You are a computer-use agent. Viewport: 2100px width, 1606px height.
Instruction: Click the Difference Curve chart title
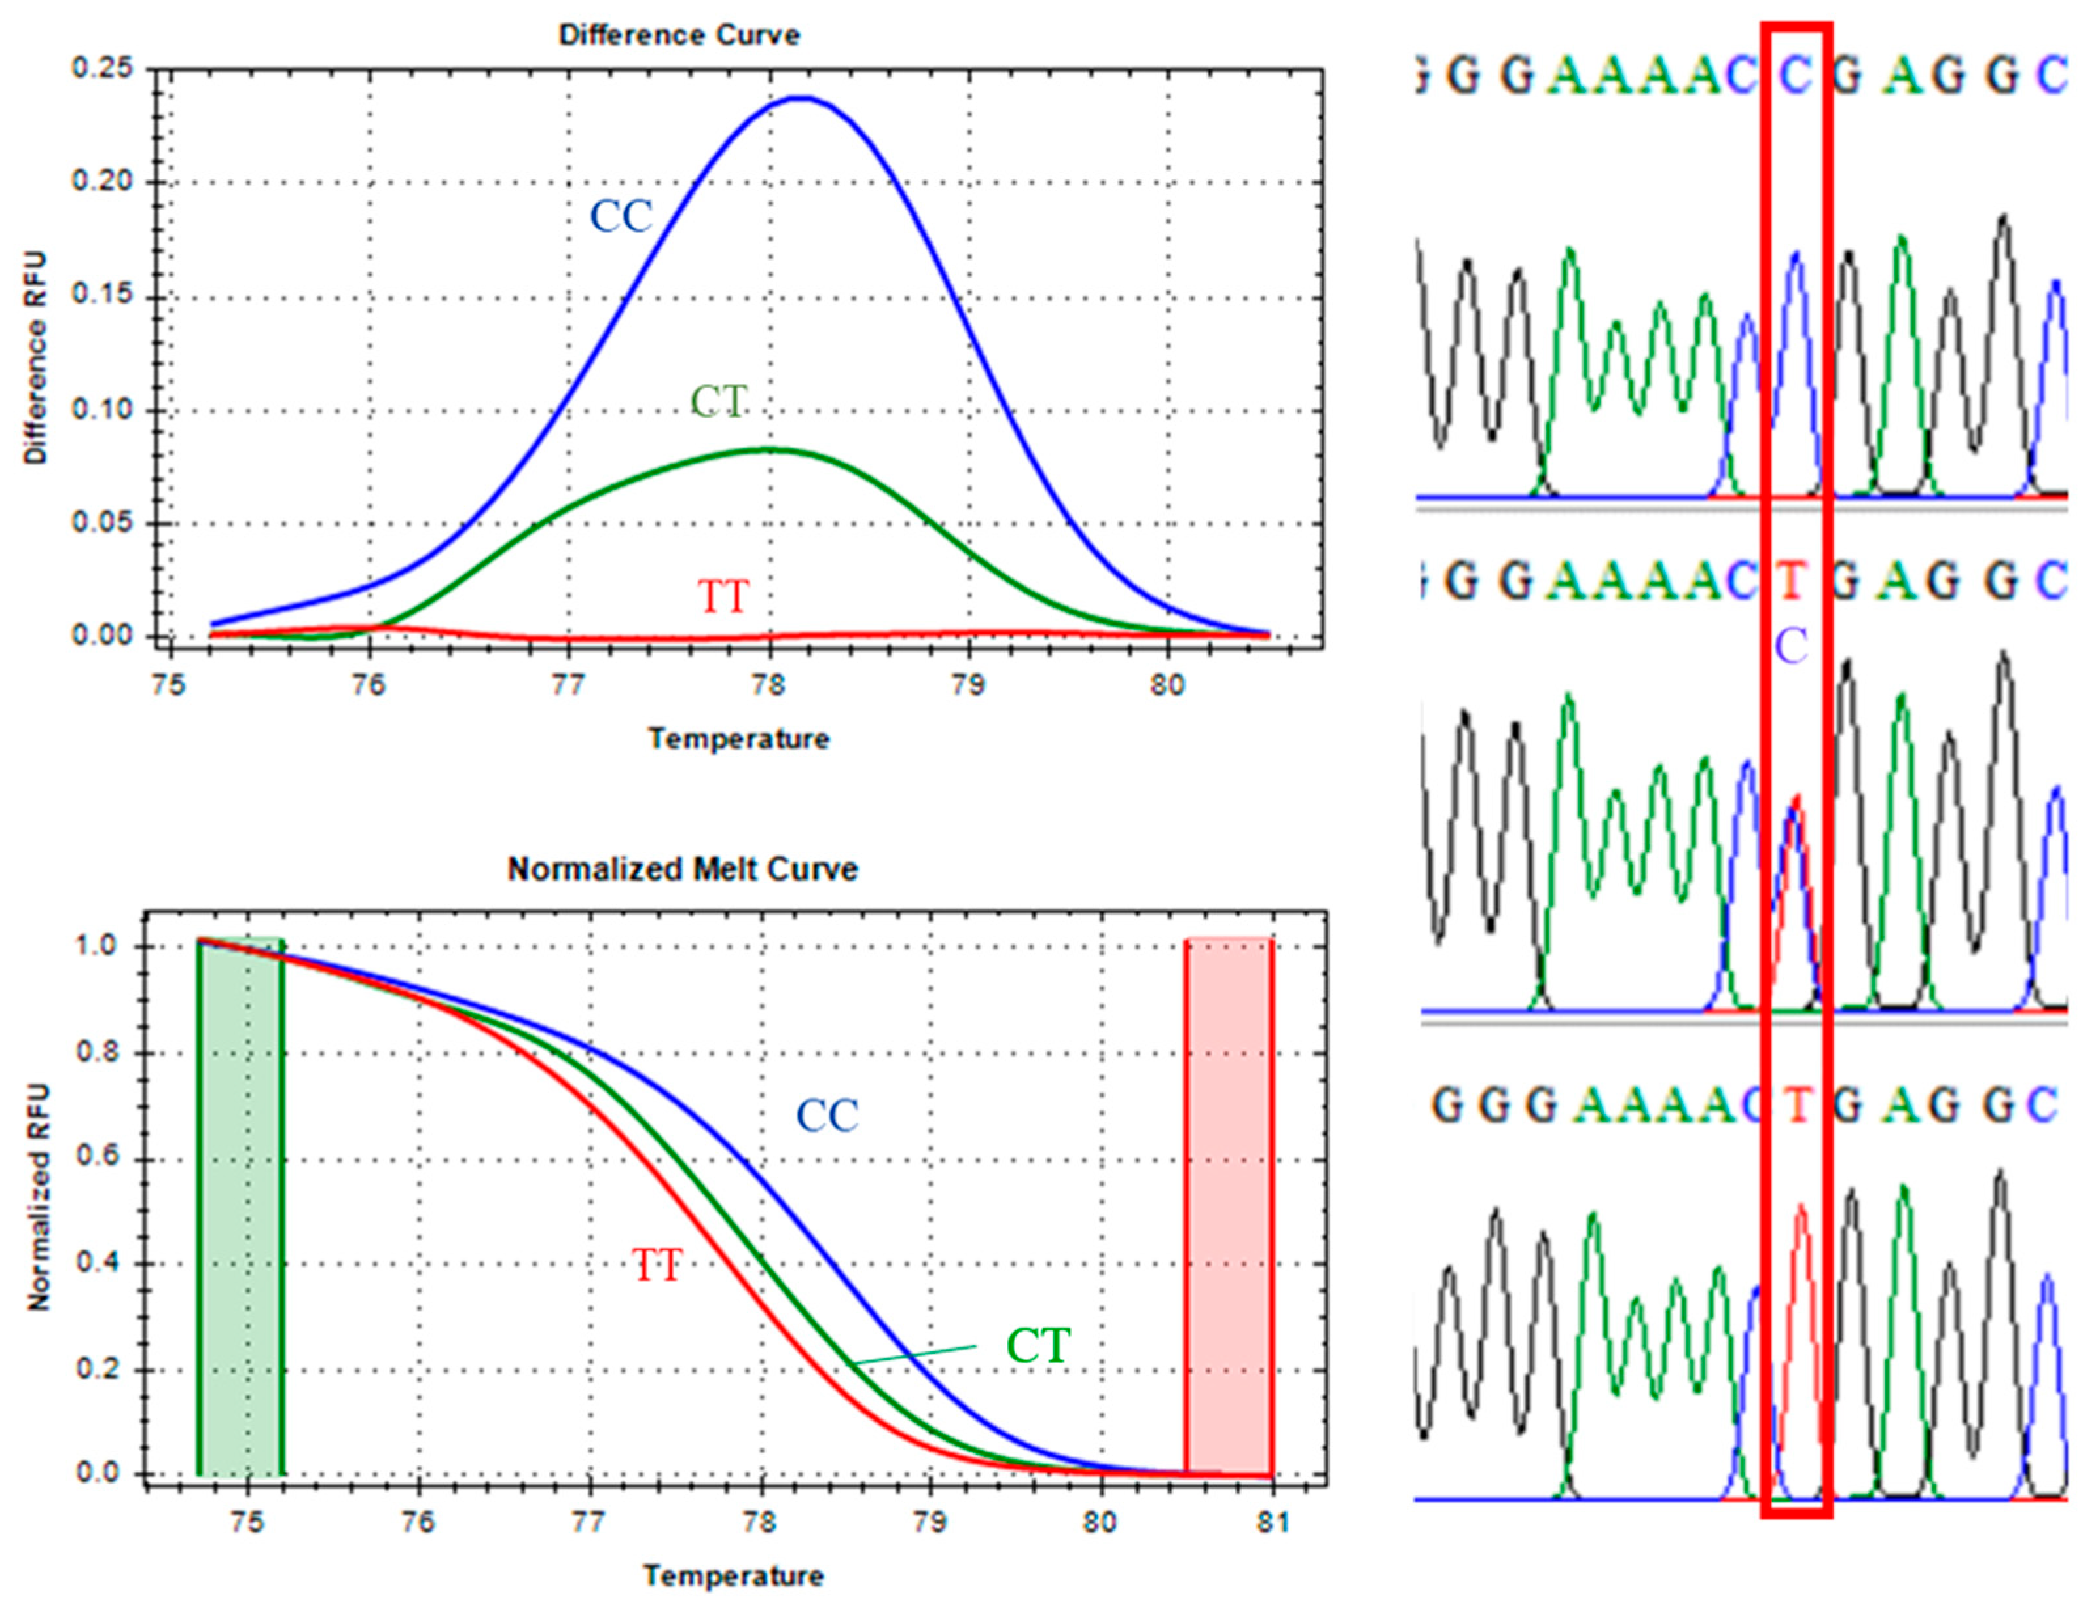[679, 35]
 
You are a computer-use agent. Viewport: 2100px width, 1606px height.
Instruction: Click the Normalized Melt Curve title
[683, 869]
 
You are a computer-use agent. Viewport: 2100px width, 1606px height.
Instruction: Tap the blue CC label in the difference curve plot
[621, 216]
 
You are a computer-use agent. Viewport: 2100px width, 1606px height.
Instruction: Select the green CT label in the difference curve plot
[719, 401]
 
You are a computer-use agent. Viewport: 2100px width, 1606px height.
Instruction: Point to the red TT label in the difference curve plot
[723, 598]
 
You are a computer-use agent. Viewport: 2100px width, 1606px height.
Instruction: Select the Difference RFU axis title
[35, 359]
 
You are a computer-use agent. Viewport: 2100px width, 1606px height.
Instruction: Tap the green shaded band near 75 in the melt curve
[240, 1205]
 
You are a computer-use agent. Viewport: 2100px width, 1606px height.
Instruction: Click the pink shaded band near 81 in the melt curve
[1228, 1205]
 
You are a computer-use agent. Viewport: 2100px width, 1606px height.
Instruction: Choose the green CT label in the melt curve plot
[1038, 1346]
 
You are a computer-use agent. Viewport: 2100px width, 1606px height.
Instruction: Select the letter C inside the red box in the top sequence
[1795, 75]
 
